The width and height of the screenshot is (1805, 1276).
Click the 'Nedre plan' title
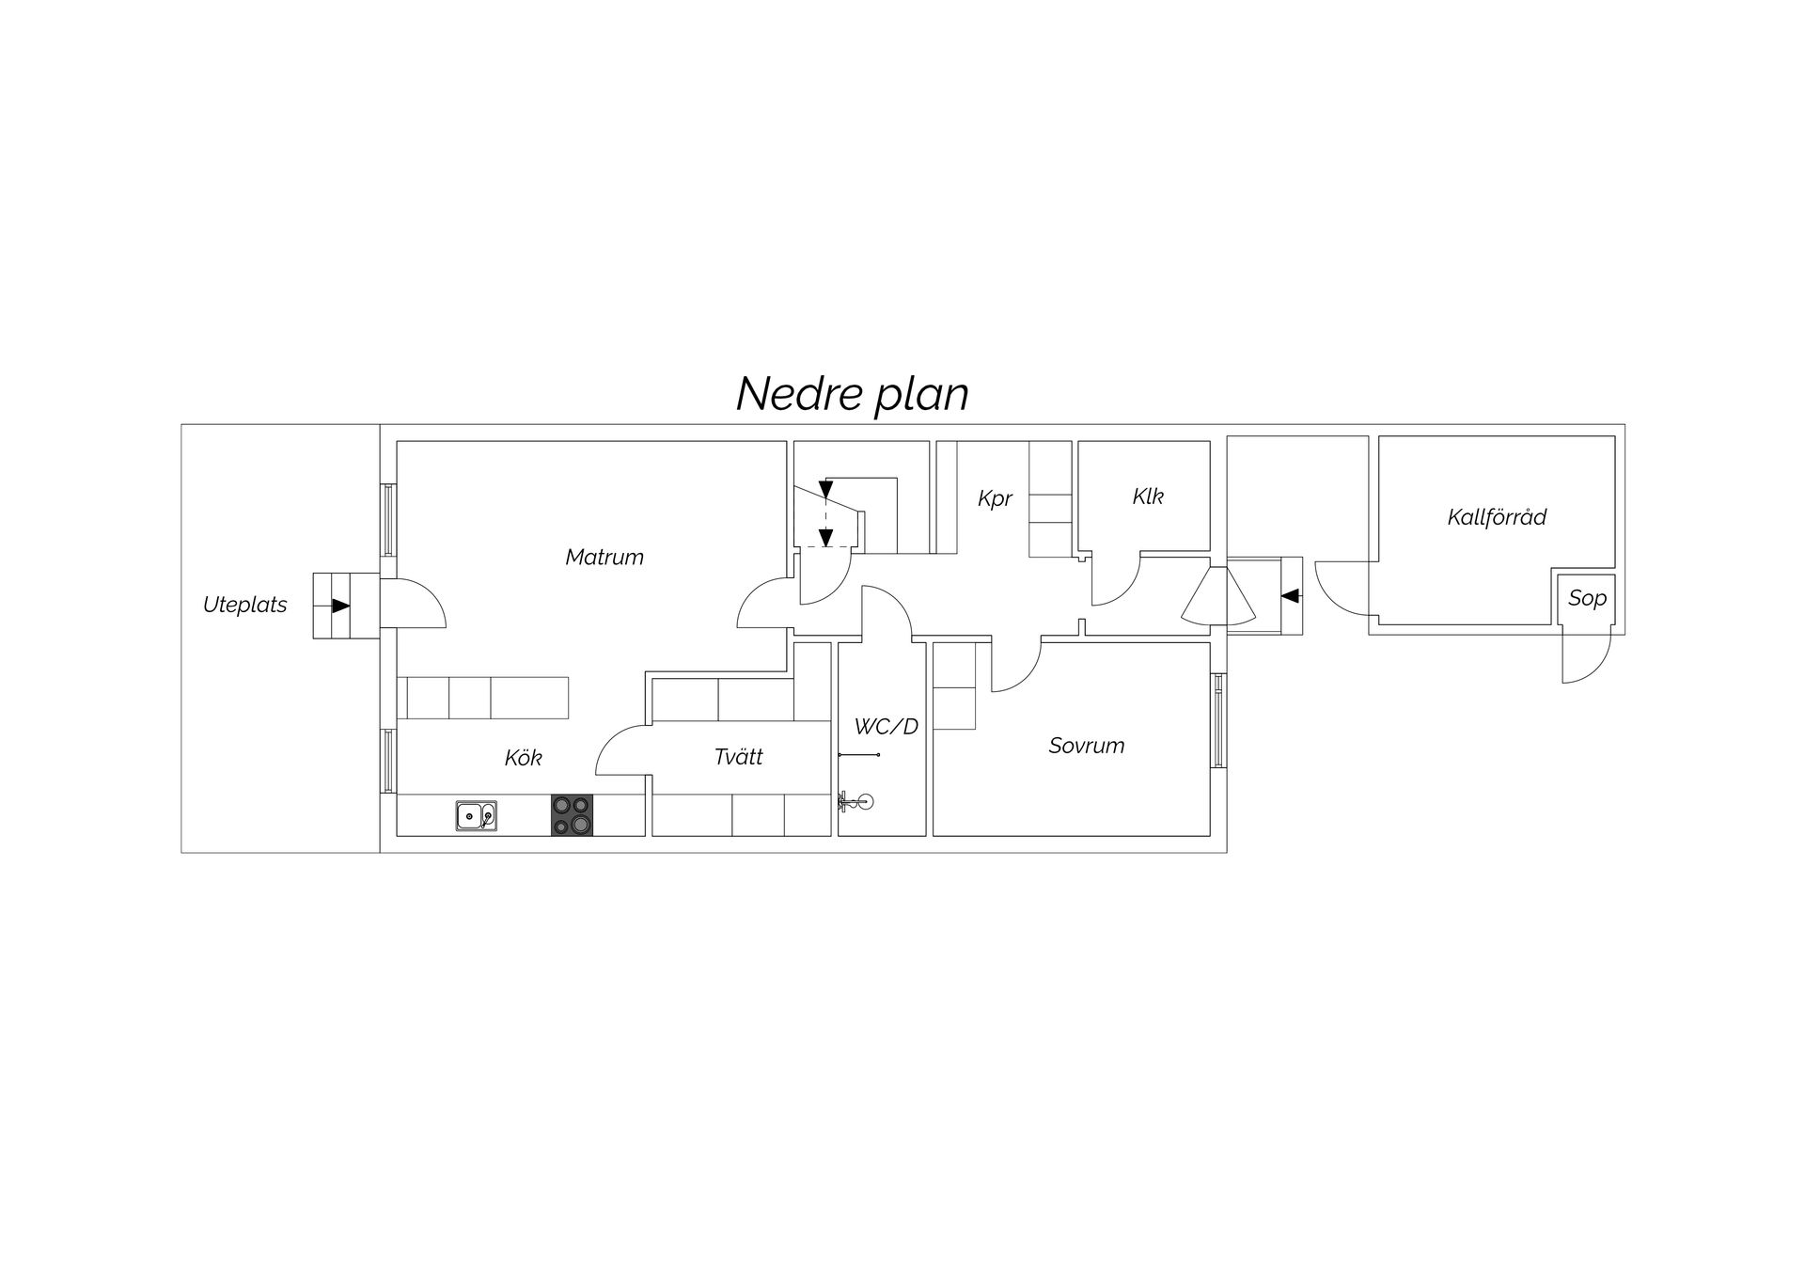(x=852, y=395)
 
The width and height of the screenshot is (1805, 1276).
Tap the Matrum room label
(x=604, y=557)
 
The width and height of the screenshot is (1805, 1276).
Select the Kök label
(x=524, y=757)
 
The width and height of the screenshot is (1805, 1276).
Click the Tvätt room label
(x=739, y=756)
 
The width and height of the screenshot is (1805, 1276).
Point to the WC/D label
(x=887, y=726)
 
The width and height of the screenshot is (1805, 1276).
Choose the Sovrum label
(x=1087, y=746)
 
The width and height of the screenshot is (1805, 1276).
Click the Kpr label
(x=995, y=498)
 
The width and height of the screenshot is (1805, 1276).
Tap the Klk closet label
(x=1148, y=496)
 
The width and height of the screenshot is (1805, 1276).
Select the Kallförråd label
(x=1497, y=516)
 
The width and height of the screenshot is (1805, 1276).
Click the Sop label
(x=1587, y=598)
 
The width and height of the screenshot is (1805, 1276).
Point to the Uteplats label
(x=245, y=605)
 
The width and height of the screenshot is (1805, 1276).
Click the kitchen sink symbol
(x=477, y=815)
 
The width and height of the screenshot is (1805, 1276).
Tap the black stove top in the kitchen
(x=572, y=815)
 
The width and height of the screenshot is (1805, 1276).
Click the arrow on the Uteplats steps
(x=340, y=606)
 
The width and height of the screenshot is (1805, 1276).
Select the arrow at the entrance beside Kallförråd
(x=1291, y=595)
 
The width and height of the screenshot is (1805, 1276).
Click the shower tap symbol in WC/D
(x=855, y=802)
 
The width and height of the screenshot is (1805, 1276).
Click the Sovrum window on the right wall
(x=1218, y=720)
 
